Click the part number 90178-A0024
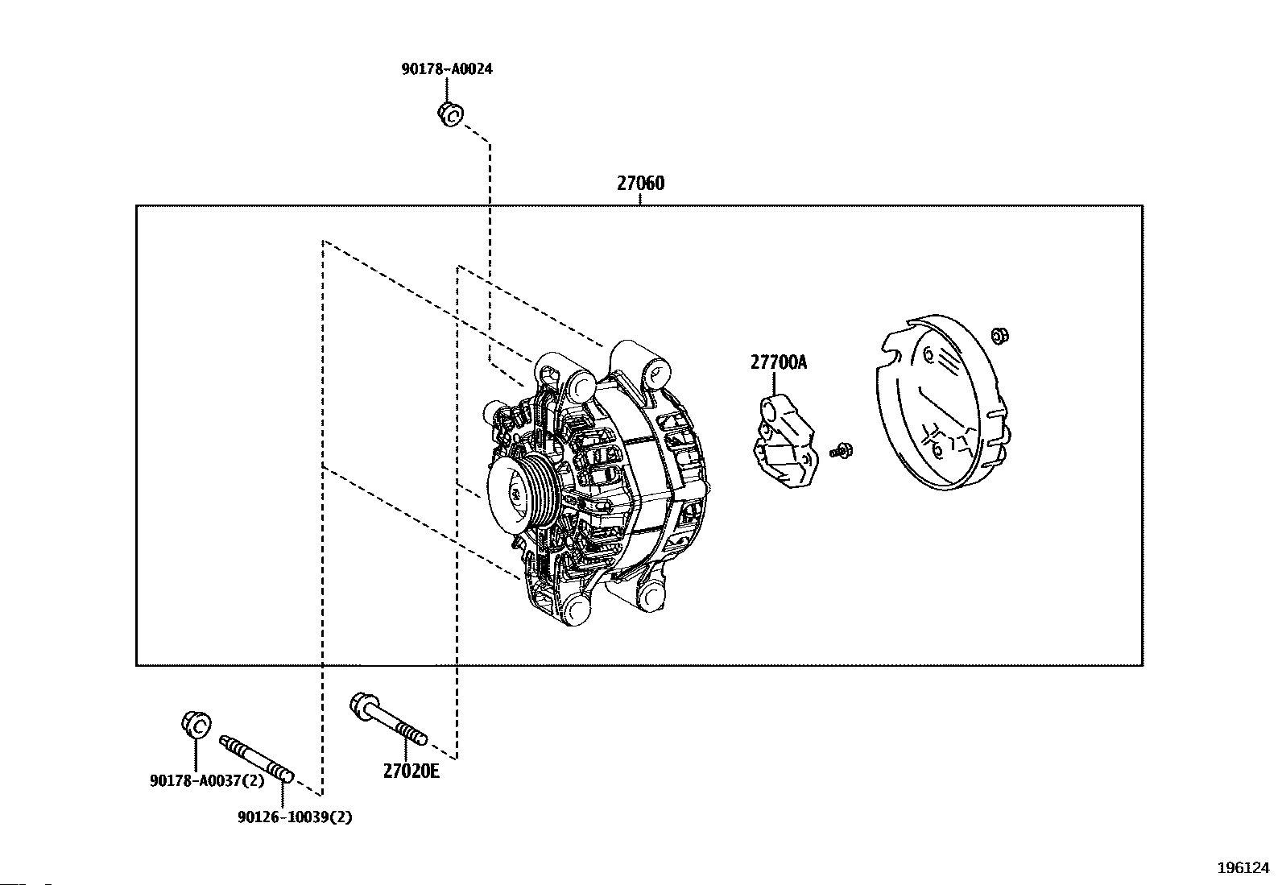tap(447, 69)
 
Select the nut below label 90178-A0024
tap(450, 114)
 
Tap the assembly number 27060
tap(641, 184)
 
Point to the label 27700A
tap(778, 362)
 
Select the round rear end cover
tap(938, 403)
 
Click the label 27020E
tap(411, 771)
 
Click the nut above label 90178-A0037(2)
tap(196, 723)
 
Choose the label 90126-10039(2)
tap(295, 817)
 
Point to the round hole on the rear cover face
tap(928, 354)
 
